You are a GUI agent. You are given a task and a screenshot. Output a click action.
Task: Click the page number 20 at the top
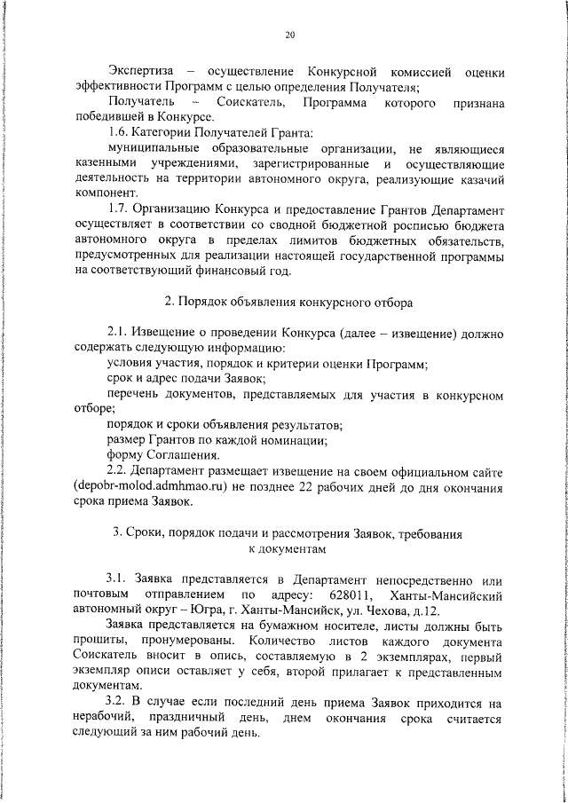[289, 35]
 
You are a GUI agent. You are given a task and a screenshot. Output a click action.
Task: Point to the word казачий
[482, 179]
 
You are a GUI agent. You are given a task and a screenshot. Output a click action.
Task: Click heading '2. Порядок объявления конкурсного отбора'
[289, 303]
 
